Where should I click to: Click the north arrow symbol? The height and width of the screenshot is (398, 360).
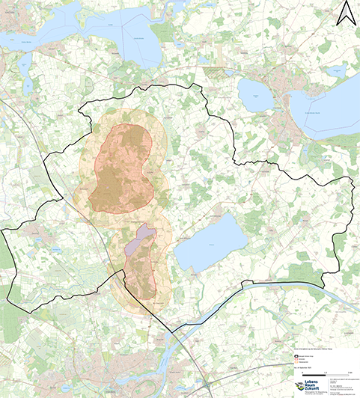tap(345, 13)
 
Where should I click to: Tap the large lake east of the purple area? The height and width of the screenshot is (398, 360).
tap(210, 246)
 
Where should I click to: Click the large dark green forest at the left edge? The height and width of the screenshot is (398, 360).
tap(6, 254)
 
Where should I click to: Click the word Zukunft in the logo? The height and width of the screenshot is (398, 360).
tap(314, 390)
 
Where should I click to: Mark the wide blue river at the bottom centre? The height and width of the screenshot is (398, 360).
tap(187, 352)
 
